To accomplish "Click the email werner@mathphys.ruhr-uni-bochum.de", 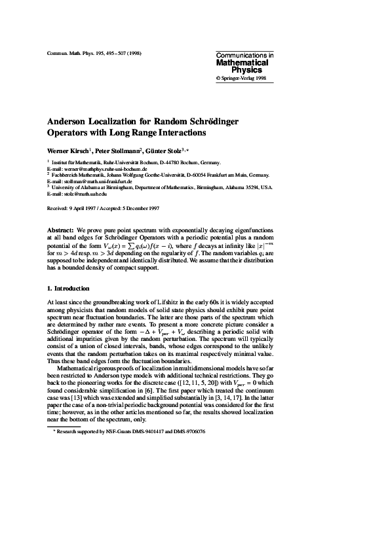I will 100,169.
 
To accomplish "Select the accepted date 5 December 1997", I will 146,209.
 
